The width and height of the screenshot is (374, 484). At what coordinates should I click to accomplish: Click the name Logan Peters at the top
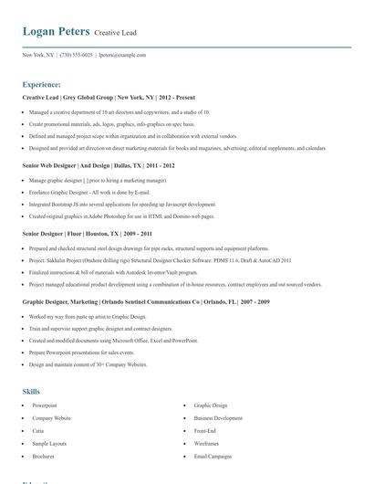(x=56, y=32)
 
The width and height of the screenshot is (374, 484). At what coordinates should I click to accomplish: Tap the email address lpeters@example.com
(x=122, y=55)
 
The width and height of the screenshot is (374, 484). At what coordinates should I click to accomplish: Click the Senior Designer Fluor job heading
(x=87, y=233)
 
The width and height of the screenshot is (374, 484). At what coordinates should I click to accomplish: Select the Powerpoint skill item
(x=45, y=405)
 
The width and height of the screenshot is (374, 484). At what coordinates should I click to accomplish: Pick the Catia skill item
(x=38, y=430)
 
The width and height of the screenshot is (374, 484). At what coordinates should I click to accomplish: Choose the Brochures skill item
(x=44, y=456)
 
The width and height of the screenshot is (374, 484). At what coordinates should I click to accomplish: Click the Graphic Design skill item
(x=211, y=405)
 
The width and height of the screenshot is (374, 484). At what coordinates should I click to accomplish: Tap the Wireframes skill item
(x=207, y=443)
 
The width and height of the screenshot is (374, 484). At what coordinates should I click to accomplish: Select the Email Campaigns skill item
(x=213, y=456)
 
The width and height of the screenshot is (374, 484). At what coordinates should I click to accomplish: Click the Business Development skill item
(x=218, y=417)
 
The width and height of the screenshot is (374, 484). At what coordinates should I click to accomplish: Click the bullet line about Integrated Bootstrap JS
(x=122, y=205)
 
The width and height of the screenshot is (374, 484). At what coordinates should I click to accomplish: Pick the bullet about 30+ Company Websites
(x=88, y=364)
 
